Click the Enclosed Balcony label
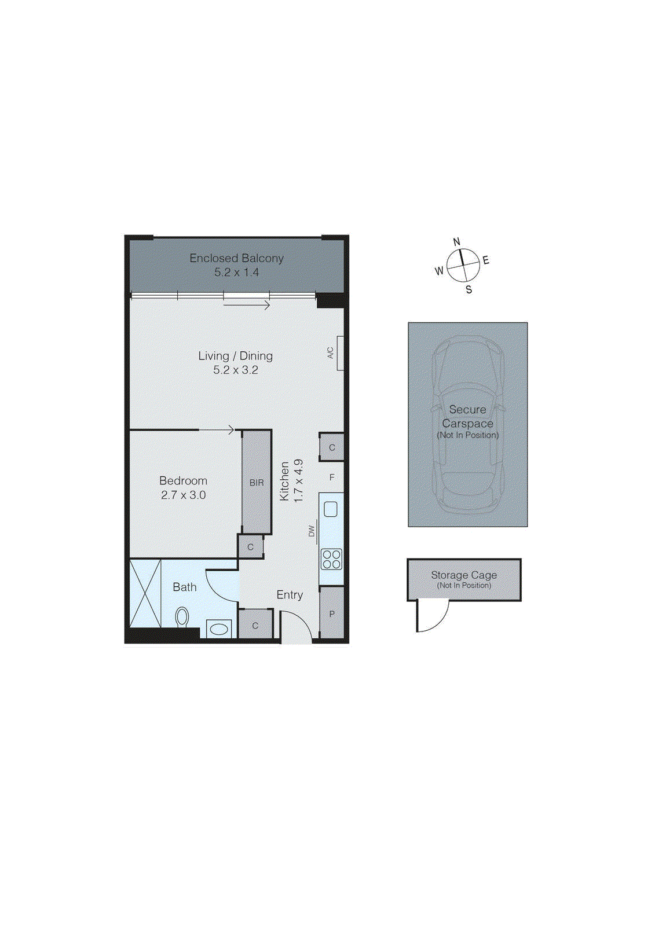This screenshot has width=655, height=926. (236, 258)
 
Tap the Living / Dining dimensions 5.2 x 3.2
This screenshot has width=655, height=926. (236, 370)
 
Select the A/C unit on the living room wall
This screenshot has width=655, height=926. (340, 353)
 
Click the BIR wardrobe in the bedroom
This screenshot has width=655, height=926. (257, 482)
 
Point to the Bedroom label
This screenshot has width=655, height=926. (183, 480)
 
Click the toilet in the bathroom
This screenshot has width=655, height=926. (182, 617)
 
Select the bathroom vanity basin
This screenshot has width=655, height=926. (219, 629)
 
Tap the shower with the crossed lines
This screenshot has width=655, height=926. (145, 593)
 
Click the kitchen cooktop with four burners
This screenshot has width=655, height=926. (332, 559)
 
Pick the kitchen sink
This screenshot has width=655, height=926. (331, 509)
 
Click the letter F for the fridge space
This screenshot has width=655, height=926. (332, 477)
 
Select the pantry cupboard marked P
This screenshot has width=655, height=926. (332, 613)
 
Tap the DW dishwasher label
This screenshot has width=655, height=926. (312, 530)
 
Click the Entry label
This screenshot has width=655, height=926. (290, 595)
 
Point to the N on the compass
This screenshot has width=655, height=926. (456, 242)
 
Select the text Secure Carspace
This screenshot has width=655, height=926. (467, 416)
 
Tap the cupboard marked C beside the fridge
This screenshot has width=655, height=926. (332, 447)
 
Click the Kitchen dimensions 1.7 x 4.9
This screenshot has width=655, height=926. (299, 480)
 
